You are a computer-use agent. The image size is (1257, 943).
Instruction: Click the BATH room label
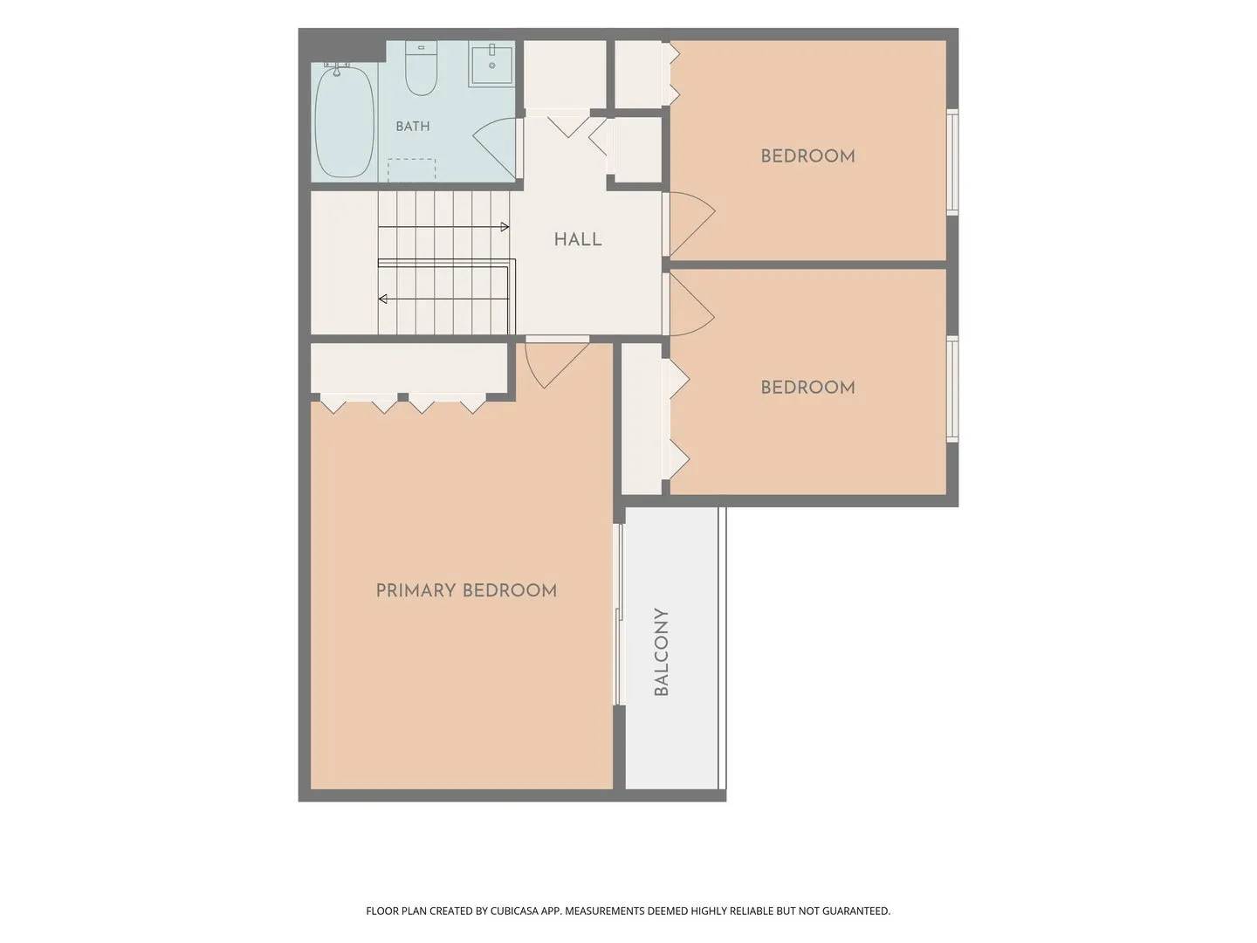412,126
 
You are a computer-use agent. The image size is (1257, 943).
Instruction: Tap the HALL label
577,239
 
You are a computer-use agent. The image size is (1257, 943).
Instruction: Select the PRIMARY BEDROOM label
465,590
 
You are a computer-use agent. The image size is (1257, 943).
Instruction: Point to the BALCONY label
661,652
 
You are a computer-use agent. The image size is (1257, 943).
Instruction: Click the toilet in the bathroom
421,67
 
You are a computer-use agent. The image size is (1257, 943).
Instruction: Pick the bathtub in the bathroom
345,122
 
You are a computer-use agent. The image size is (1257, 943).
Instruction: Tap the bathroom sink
491,64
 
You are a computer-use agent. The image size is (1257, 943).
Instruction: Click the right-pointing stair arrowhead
505,227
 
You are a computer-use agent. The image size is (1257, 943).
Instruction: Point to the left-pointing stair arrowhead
382,299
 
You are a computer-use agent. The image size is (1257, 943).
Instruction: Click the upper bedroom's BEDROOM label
807,156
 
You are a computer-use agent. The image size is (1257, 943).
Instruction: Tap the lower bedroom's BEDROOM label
807,388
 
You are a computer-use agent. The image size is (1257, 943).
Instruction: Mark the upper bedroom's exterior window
951,162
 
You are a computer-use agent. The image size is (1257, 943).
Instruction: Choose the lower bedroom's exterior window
951,389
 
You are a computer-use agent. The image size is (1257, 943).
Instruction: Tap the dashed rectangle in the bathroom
411,170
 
